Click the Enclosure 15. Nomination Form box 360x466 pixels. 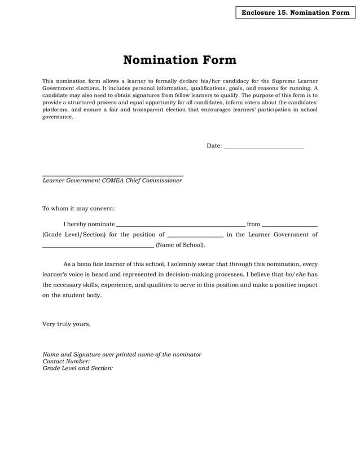click(x=295, y=12)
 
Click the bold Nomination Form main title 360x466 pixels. click(x=179, y=60)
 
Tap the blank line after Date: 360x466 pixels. click(x=264, y=147)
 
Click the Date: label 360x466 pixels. click(x=214, y=146)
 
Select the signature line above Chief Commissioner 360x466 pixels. click(x=113, y=175)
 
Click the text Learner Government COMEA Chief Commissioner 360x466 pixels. click(x=112, y=181)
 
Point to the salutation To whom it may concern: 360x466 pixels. click(x=78, y=208)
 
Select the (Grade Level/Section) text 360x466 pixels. click(x=74, y=235)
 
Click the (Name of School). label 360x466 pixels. click(x=181, y=245)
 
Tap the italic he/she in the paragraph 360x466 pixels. click(x=296, y=274)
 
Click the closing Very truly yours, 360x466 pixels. click(x=67, y=324)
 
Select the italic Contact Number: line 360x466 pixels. click(x=66, y=361)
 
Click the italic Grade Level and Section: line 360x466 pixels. click(x=78, y=368)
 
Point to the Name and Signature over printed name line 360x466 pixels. click(x=122, y=354)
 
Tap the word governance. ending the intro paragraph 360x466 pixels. click(x=58, y=117)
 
